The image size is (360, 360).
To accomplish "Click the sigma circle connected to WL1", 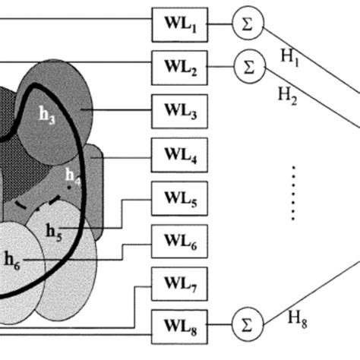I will (248, 24).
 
